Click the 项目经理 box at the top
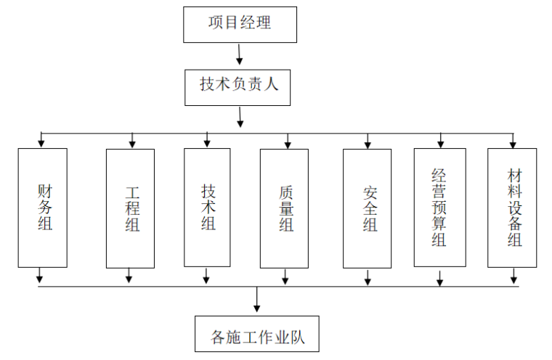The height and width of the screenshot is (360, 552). click(x=240, y=24)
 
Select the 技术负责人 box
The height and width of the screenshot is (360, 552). click(x=240, y=86)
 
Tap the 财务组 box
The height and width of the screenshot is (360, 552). click(x=43, y=208)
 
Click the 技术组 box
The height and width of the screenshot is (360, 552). click(x=208, y=208)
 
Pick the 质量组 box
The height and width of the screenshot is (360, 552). click(x=284, y=208)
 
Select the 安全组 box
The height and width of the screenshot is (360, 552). click(x=368, y=208)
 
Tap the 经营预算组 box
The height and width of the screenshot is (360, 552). click(x=439, y=208)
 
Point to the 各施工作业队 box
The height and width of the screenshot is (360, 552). click(x=257, y=335)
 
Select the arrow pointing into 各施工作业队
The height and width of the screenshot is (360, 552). click(x=256, y=300)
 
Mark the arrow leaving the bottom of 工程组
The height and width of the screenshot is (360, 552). click(x=129, y=276)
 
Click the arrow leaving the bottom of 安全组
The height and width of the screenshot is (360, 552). click(x=368, y=276)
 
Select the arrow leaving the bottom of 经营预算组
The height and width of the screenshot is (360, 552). click(x=439, y=277)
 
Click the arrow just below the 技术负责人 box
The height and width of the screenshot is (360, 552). click(x=240, y=116)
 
